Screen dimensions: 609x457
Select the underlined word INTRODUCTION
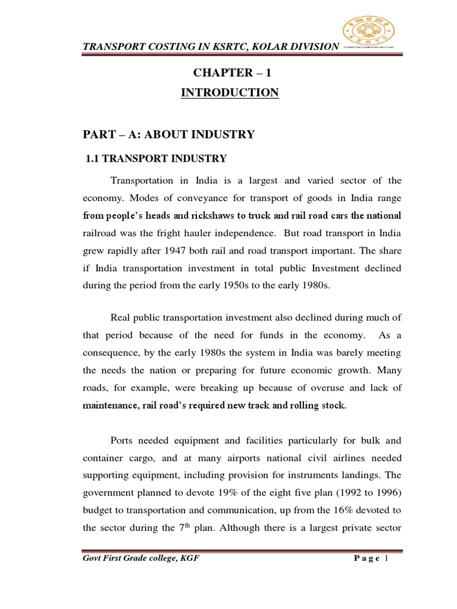233,92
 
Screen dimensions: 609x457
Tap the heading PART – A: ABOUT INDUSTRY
168,134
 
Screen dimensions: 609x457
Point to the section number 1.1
95,158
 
